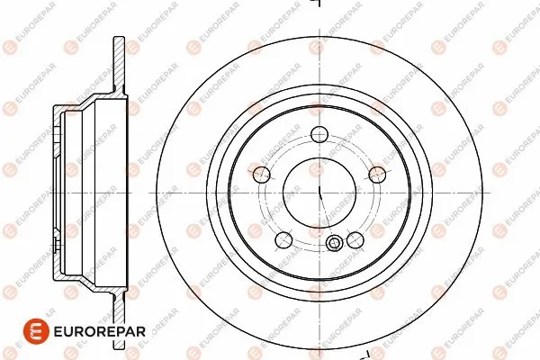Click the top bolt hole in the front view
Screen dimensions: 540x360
tap(319, 134)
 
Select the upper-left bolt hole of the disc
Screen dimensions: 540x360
tap(261, 175)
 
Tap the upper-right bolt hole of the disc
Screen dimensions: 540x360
tap(377, 175)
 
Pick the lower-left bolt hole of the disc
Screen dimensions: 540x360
tap(284, 239)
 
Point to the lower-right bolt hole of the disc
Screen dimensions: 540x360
tap(355, 239)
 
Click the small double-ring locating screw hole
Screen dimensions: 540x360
tap(333, 244)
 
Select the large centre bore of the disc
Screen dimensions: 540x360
tap(319, 193)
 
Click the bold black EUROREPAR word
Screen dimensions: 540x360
tap(100, 331)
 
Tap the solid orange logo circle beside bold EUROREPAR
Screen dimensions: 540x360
tap(36, 331)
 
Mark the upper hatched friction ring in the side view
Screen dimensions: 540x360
tap(119, 64)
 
